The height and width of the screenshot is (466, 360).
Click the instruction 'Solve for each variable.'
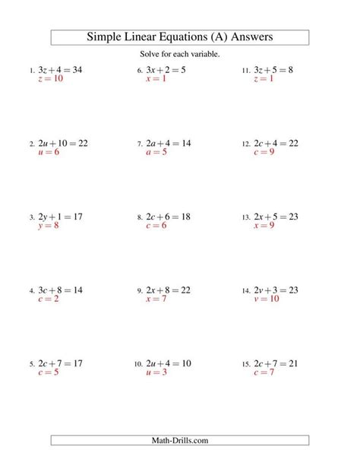[x=180, y=53]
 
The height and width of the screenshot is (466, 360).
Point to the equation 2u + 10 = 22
[x=62, y=143]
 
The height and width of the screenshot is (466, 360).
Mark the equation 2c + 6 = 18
[x=168, y=217]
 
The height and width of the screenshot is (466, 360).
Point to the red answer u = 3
[x=158, y=372]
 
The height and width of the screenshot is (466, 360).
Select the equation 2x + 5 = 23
[x=276, y=217]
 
